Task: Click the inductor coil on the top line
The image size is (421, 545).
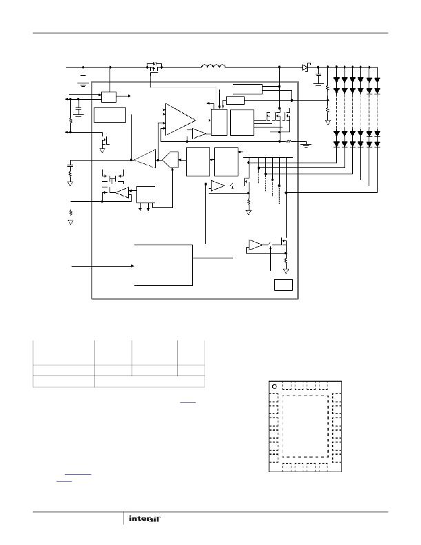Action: pyautogui.click(x=213, y=65)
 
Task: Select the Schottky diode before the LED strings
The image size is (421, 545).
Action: pyautogui.click(x=306, y=67)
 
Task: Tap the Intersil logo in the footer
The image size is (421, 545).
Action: pyautogui.click(x=145, y=518)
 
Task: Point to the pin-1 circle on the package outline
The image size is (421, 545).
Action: pyautogui.click(x=274, y=387)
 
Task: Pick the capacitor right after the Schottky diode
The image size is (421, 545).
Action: pyautogui.click(x=318, y=79)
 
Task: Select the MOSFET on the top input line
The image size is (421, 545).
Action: pyautogui.click(x=154, y=67)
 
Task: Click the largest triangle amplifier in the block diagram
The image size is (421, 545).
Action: pyautogui.click(x=180, y=120)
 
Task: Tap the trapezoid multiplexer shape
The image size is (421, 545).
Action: pyautogui.click(x=170, y=160)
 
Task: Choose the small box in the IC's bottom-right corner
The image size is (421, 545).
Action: pyautogui.click(x=283, y=285)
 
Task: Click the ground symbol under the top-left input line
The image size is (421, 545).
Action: pyautogui.click(x=83, y=83)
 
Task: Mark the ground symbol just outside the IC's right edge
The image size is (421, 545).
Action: pyautogui.click(x=306, y=145)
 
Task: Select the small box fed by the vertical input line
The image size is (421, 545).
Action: pyautogui.click(x=108, y=96)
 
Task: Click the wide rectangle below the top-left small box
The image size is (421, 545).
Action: pyautogui.click(x=110, y=115)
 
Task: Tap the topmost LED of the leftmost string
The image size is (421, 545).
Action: pyautogui.click(x=336, y=80)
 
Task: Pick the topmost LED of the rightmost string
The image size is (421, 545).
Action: pyautogui.click(x=377, y=80)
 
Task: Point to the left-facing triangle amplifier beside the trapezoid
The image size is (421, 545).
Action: pyautogui.click(x=145, y=159)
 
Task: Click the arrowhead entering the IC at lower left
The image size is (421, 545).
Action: pyautogui.click(x=132, y=266)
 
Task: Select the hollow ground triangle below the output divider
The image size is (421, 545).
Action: pyautogui.click(x=327, y=123)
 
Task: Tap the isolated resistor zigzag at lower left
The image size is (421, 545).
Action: pyautogui.click(x=70, y=212)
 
